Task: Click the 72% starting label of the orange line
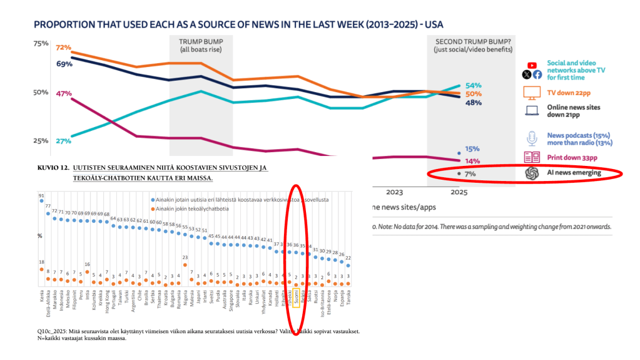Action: click(63, 48)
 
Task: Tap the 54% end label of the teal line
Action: click(473, 85)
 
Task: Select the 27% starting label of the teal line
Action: click(63, 141)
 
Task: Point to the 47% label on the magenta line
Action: click(63, 94)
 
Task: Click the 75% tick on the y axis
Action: click(41, 43)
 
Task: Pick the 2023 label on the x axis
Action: click(395, 192)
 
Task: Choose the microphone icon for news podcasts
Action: click(532, 138)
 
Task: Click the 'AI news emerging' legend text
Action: click(574, 173)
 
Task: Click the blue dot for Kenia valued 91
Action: click(41, 202)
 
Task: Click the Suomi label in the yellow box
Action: click(295, 298)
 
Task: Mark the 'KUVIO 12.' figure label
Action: click(53, 168)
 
